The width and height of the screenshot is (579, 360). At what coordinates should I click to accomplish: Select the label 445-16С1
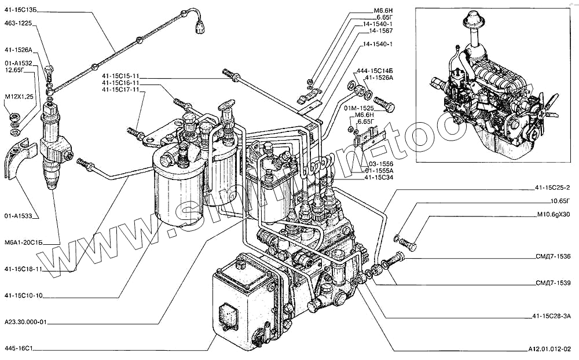tap(20, 349)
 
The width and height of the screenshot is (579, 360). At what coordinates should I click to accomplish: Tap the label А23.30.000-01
tap(25, 322)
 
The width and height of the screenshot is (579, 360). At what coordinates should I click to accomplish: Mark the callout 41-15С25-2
tap(552, 187)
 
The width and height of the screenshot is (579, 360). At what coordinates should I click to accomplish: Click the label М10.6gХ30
tap(554, 215)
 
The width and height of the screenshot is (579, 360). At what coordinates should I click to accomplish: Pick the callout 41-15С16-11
tap(120, 83)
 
